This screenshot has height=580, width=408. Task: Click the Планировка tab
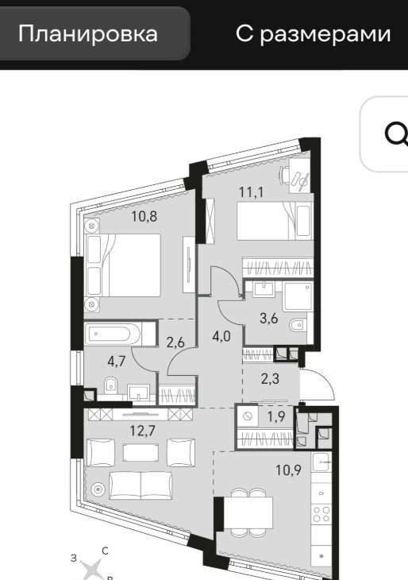88,33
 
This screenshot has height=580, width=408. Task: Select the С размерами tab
313,33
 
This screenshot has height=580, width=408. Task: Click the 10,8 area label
144,216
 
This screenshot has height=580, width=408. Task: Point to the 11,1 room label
251,192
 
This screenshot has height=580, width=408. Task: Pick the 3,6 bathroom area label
268,318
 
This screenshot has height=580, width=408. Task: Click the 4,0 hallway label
221,336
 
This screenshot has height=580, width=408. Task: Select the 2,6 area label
175,342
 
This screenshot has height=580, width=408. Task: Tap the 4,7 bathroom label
117,362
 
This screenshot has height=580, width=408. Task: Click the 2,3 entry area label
270,379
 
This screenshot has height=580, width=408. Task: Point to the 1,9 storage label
276,417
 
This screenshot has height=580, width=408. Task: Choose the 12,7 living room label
143,430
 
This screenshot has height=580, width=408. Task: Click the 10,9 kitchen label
288,470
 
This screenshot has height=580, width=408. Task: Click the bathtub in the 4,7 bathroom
113,334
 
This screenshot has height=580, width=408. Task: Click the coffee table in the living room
140,452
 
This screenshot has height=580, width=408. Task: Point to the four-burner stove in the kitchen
321,514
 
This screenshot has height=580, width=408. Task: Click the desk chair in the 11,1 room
284,174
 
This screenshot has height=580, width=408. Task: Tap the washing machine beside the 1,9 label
248,417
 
